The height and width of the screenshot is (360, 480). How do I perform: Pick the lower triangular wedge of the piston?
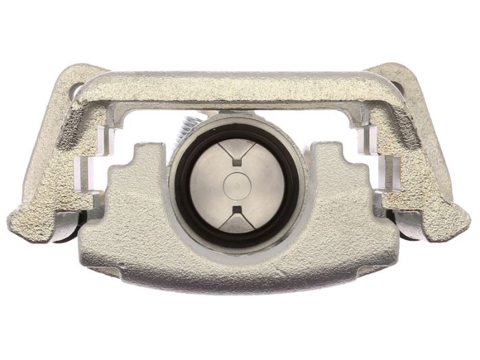[x=237, y=220]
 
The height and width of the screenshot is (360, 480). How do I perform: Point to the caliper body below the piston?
[x=237, y=267]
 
